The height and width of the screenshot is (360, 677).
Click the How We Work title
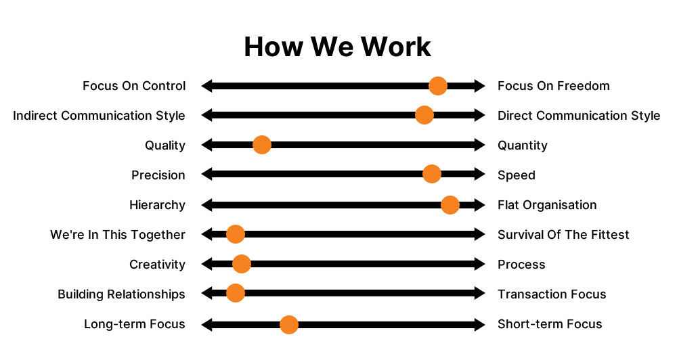tap(337, 47)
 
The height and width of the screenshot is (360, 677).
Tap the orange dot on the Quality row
tap(261, 145)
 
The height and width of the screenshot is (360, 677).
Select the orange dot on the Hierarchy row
tap(450, 204)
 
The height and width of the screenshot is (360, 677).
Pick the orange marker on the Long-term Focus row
tap(289, 324)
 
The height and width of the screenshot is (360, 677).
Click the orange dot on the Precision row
tap(431, 175)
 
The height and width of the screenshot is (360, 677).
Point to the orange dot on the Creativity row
tap(241, 264)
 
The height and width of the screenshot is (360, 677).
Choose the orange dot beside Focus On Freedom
tap(437, 86)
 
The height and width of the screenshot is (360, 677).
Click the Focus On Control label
tap(134, 86)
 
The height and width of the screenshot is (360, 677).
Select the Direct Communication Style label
tap(579, 116)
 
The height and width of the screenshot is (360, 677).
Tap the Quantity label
tap(523, 145)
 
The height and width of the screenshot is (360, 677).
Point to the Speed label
tap(517, 175)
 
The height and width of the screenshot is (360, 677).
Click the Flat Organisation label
tap(547, 205)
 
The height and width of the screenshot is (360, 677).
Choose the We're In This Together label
tap(118, 235)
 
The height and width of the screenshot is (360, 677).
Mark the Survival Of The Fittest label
tap(563, 235)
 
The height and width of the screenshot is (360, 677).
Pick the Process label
tap(521, 265)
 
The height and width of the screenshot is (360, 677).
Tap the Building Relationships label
tap(121, 294)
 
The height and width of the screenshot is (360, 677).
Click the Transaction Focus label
tap(552, 294)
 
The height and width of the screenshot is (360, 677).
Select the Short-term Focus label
tap(550, 324)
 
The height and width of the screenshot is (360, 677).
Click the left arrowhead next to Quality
tap(207, 145)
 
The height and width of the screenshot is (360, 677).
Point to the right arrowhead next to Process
tap(480, 264)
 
